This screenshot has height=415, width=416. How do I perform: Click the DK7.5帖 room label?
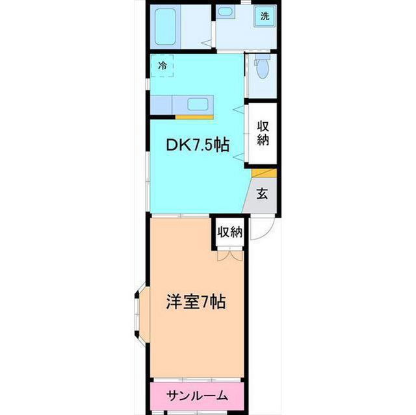198,145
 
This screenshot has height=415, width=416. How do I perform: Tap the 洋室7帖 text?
196,302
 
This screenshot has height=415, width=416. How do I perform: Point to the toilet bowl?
263,69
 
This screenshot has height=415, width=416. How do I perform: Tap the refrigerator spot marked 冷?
162,66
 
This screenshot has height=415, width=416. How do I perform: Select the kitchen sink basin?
198,103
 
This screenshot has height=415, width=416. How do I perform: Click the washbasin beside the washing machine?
226,12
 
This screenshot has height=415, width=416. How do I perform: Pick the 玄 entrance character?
262,194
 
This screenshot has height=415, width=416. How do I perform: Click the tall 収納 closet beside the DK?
263,134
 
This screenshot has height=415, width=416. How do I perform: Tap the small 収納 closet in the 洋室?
230,232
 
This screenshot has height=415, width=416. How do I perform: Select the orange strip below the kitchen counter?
194,117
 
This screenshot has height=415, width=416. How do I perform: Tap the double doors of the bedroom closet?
230,255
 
